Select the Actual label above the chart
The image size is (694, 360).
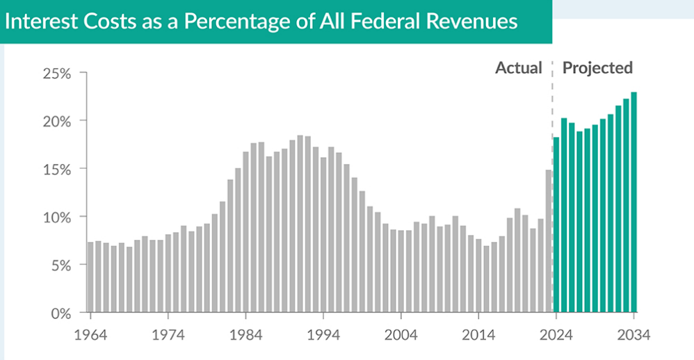(518, 68)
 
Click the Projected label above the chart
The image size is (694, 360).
(597, 68)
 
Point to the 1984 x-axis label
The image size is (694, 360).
(246, 335)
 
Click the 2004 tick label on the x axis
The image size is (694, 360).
(402, 335)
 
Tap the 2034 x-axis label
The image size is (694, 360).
(634, 335)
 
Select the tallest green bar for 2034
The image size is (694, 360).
(634, 202)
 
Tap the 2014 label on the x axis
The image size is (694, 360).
(478, 335)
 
